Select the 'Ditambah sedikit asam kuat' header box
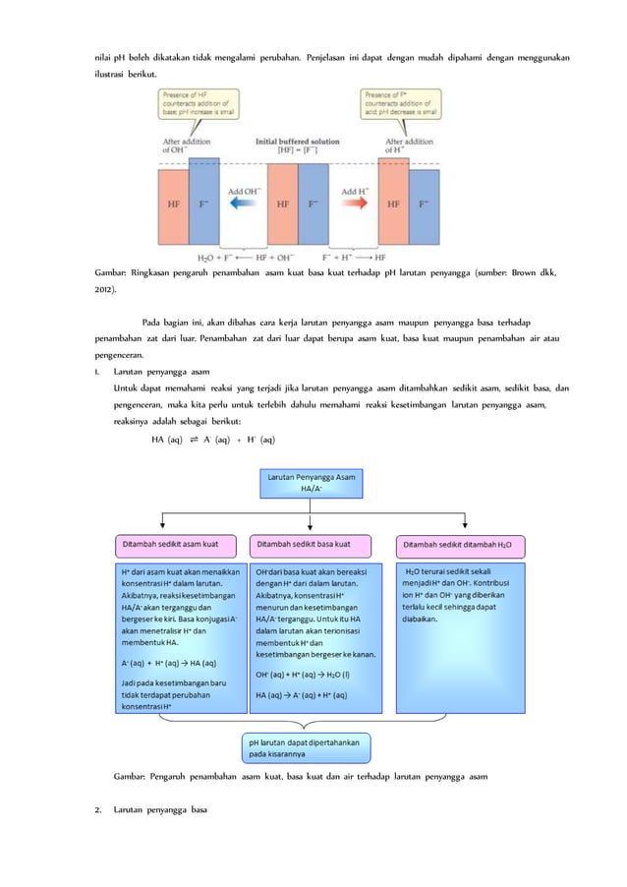point(174,543)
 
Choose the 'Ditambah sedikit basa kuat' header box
point(312,543)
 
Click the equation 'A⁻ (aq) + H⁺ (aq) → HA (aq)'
point(168,663)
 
